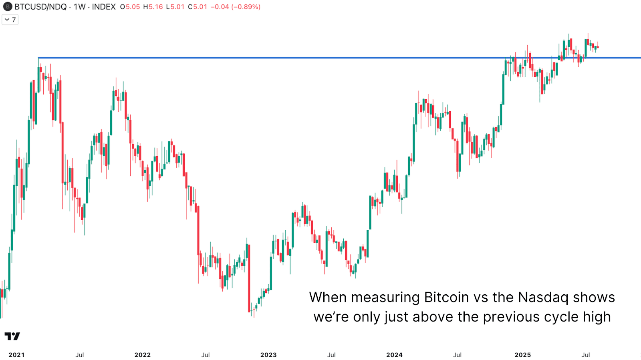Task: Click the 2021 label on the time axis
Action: click(16, 355)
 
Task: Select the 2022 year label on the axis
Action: click(143, 355)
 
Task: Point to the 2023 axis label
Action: click(268, 355)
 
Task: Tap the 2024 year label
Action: click(394, 355)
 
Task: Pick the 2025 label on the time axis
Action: click(523, 355)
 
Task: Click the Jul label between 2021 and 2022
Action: click(80, 355)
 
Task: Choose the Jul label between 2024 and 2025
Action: click(457, 355)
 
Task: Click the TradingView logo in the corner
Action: click(12, 336)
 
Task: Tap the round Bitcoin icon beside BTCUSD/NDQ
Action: click(7, 7)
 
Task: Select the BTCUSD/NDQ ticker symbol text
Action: click(40, 7)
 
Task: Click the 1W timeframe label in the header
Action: click(79, 7)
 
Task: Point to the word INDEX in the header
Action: click(104, 7)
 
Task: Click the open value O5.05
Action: click(130, 7)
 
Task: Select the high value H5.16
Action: click(153, 7)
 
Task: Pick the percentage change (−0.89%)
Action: click(246, 7)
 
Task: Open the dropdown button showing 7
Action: click(10, 20)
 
